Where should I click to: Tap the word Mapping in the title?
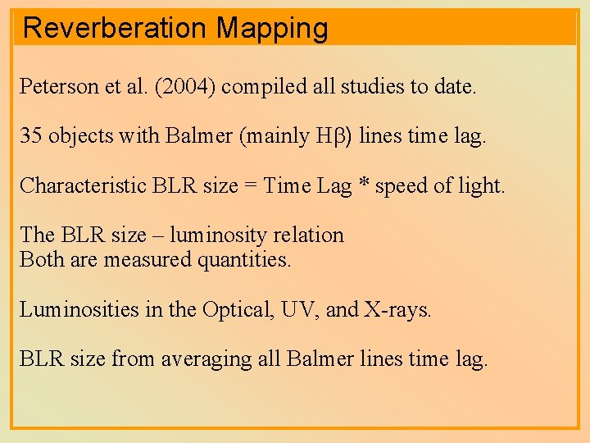pos(272,28)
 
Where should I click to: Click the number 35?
pos(31,136)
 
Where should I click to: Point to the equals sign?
pos(249,185)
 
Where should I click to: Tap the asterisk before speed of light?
pos(362,184)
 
